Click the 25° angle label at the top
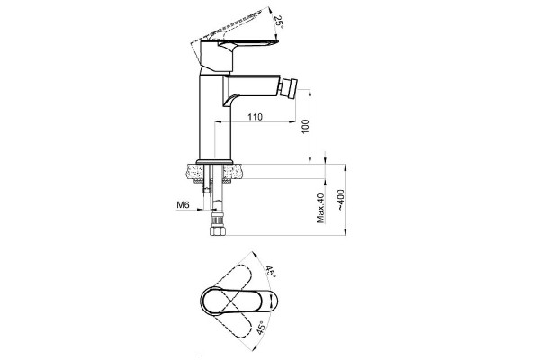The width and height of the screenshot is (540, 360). coord(278,22)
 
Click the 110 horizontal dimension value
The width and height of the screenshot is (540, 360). coord(256,117)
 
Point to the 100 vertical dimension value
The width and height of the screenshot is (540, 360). coord(305,126)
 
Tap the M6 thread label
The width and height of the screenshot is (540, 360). coord(184,205)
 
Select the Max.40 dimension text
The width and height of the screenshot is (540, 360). coord(320,208)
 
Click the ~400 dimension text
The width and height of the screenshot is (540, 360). coord(340,200)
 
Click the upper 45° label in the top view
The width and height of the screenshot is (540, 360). coord(270,272)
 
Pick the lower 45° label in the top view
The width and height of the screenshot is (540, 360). coord(262,328)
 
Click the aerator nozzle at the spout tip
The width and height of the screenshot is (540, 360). coord(290,88)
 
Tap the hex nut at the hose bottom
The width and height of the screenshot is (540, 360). coord(217,230)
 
